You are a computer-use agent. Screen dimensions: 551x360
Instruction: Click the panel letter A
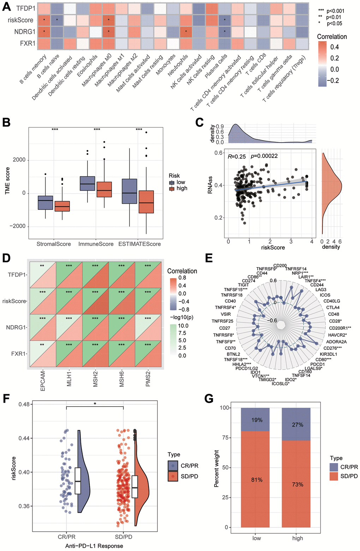[x=6, y=7]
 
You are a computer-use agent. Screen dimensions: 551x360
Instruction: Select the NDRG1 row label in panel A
[x=25, y=32]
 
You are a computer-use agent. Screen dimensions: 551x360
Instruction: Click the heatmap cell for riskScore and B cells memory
[x=44, y=20]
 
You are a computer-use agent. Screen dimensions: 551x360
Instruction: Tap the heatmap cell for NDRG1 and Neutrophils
[x=186, y=32]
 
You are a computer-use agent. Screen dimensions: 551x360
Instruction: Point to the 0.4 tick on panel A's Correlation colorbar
[x=334, y=47]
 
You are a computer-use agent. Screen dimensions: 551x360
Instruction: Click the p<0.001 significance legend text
[x=335, y=11]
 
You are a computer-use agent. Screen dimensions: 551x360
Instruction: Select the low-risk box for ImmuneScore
[x=88, y=183]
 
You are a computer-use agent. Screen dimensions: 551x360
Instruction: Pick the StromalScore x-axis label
[x=54, y=244]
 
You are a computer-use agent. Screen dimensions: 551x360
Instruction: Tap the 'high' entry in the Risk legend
[x=182, y=188]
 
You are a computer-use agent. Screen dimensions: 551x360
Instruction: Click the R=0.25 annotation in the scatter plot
[x=237, y=156]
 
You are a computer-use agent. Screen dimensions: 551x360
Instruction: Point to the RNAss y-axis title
[x=211, y=185]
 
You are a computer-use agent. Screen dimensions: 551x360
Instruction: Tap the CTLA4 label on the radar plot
[x=333, y=307]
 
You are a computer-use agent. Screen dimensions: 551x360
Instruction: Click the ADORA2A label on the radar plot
[x=336, y=342]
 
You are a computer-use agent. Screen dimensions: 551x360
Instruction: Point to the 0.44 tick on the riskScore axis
[x=24, y=438]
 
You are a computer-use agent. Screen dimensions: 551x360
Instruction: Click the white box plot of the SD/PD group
[x=135, y=487]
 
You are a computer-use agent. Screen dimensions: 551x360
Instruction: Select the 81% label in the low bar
[x=257, y=480]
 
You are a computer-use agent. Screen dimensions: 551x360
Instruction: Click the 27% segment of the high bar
[x=297, y=425]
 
